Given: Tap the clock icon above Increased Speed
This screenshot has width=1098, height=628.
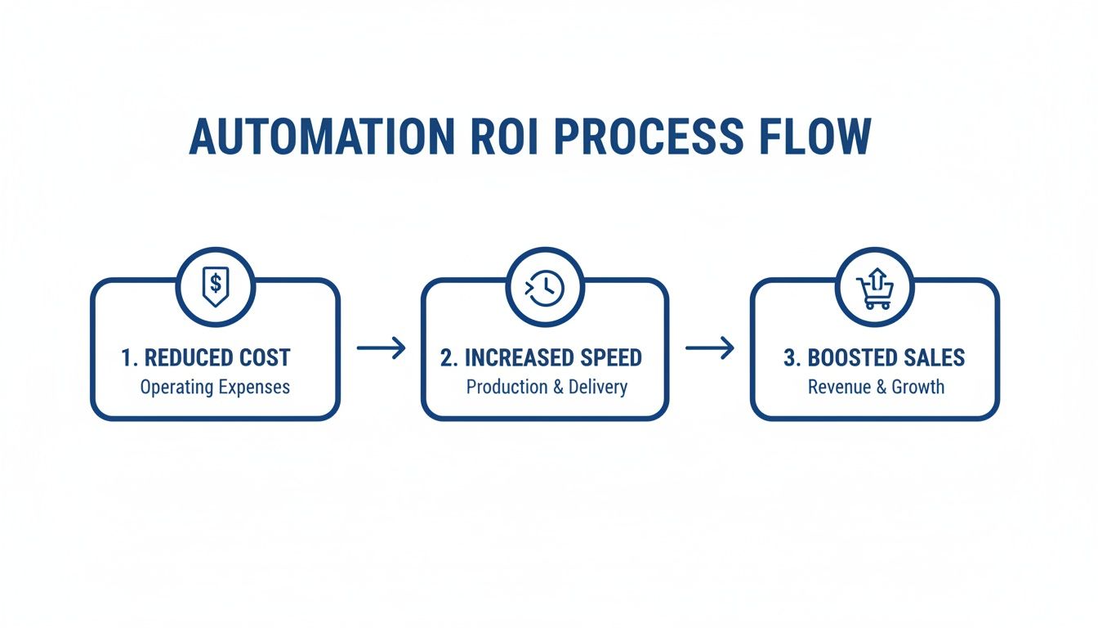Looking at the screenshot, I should pos(545,287).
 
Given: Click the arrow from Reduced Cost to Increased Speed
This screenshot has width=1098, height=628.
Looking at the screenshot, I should pos(382,348).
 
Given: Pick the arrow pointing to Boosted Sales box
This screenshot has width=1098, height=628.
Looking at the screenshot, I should pos(709,348).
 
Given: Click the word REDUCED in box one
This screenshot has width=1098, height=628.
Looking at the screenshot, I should pos(189,358).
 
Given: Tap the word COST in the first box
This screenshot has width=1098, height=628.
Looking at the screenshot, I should pos(263,358).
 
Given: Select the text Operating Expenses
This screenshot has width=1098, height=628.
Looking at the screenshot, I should pos(215,387).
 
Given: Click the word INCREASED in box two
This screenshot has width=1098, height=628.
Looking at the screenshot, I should pos(516,358).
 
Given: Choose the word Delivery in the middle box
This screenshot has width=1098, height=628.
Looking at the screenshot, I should pos(598,387).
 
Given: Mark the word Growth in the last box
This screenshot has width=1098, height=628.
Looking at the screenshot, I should pos(917,387).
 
